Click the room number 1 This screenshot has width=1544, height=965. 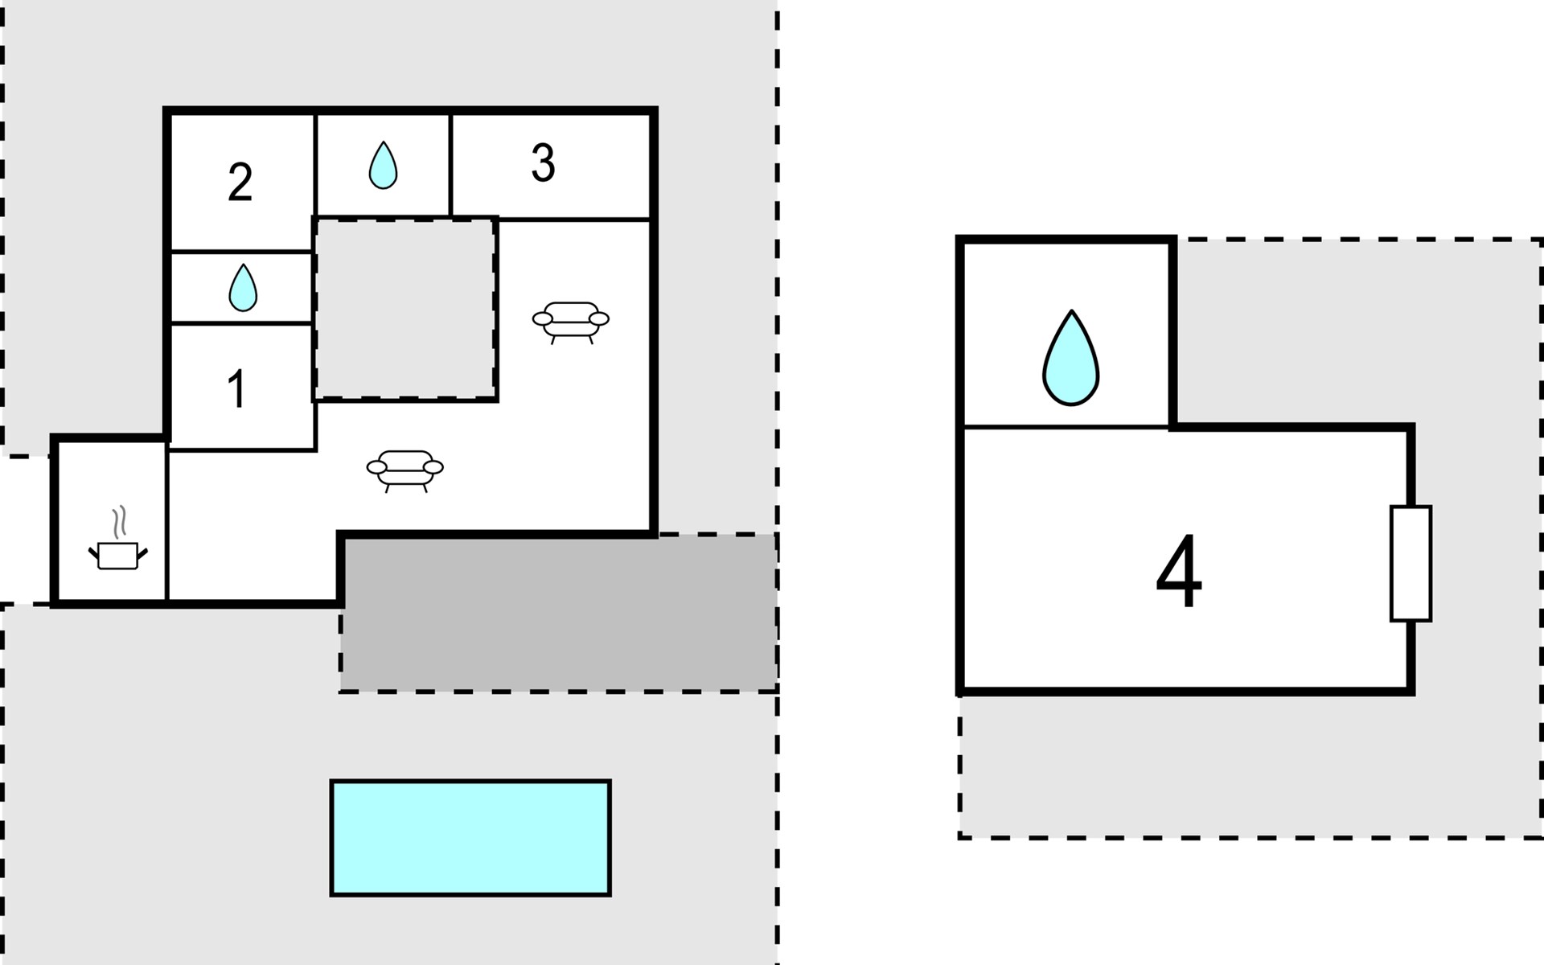point(236,389)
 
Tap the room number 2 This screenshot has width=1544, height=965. point(240,182)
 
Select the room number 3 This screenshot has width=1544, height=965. point(543,163)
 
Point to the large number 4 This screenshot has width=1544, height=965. point(1179,573)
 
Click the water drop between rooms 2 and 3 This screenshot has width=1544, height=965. point(383,166)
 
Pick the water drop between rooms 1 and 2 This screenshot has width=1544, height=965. point(243,288)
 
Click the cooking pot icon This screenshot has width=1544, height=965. point(118,556)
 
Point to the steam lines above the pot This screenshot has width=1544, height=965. point(119,522)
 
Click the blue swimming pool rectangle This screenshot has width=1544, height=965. point(470,837)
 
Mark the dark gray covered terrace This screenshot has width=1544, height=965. point(558,613)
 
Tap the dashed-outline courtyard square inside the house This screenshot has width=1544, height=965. point(404,309)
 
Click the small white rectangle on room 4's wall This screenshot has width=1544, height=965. point(1411,564)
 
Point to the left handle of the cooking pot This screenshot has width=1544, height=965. point(93,552)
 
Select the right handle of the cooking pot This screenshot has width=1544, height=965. point(143,552)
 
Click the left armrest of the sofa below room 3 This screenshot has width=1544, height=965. point(543,319)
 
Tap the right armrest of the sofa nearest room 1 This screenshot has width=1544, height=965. point(433,467)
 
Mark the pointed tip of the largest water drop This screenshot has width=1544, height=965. point(1071,310)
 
